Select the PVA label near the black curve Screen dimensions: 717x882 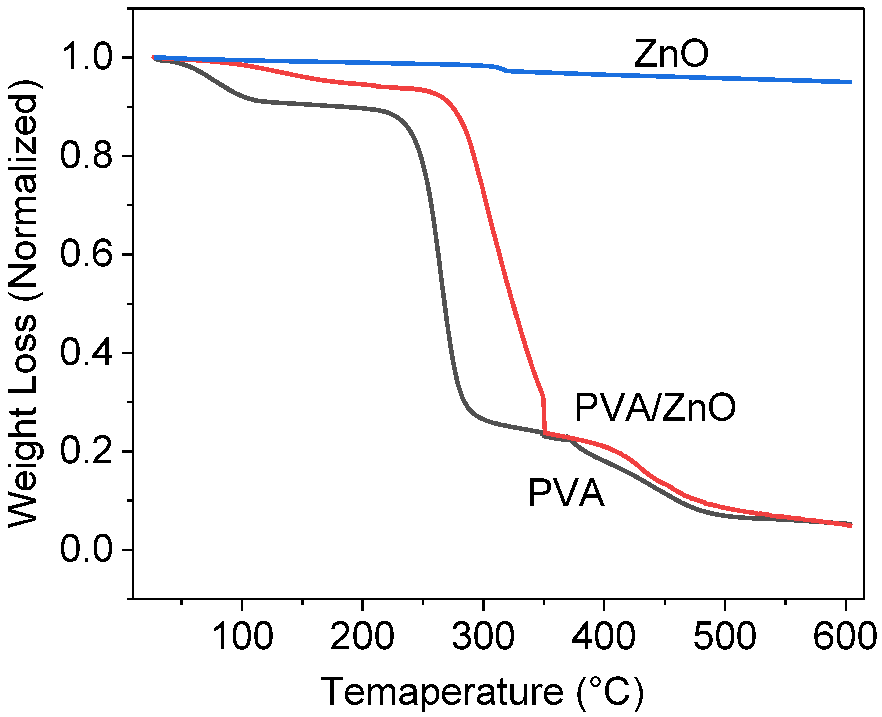pyautogui.click(x=566, y=493)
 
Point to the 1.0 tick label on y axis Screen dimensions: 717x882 pyautogui.click(x=86, y=57)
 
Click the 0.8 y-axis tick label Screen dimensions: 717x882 pyautogui.click(x=86, y=156)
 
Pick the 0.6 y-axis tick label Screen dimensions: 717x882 pyautogui.click(x=86, y=254)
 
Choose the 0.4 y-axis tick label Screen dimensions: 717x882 pyautogui.click(x=86, y=353)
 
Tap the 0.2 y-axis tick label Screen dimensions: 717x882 pyautogui.click(x=86, y=451)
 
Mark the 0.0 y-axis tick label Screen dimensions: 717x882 pyautogui.click(x=86, y=550)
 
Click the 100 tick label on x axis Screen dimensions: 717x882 pyautogui.click(x=242, y=637)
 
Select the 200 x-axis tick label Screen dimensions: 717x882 pyautogui.click(x=362, y=637)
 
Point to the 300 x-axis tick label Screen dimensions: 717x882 pyautogui.click(x=483, y=637)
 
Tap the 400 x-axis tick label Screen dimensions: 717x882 pyautogui.click(x=604, y=637)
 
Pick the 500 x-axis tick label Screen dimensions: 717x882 pyautogui.click(x=724, y=637)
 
